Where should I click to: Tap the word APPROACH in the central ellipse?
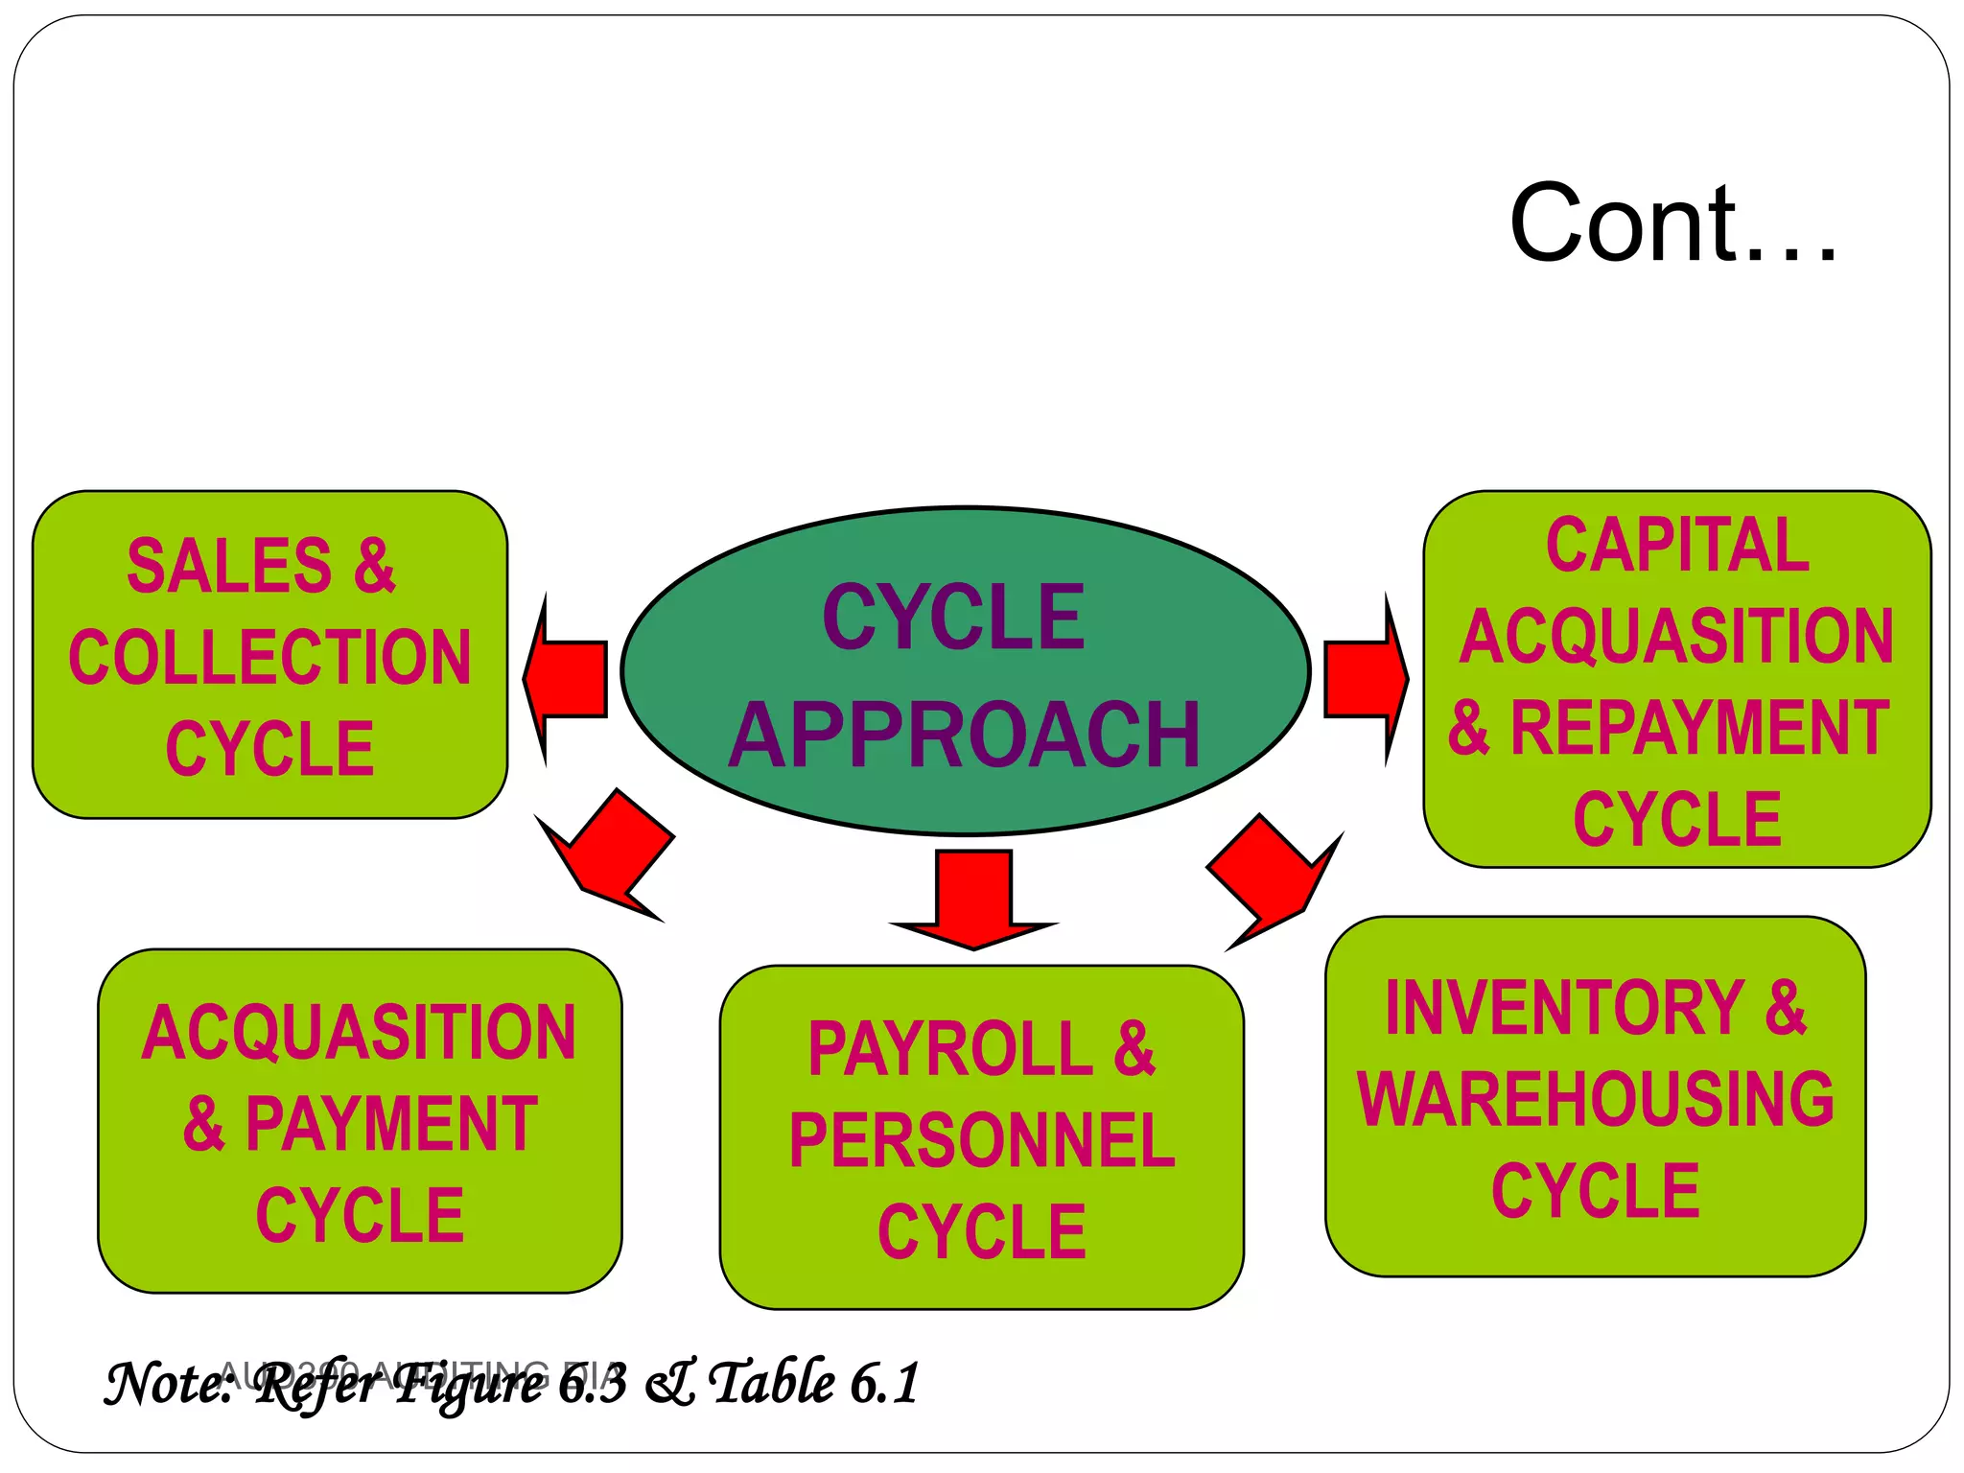[x=964, y=736]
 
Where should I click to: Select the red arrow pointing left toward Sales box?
[x=568, y=678]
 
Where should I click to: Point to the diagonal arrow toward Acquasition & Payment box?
[x=610, y=853]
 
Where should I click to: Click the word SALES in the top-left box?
[x=229, y=566]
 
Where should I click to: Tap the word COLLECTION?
[x=270, y=658]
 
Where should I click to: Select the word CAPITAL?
[x=1677, y=545]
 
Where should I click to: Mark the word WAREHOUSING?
[x=1596, y=1099]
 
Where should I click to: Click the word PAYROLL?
[x=949, y=1049]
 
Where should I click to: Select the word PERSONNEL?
[x=982, y=1141]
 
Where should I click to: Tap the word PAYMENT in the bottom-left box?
[x=391, y=1124]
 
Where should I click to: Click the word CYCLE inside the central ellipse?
[x=953, y=619]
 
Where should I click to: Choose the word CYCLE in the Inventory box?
[x=1596, y=1190]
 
